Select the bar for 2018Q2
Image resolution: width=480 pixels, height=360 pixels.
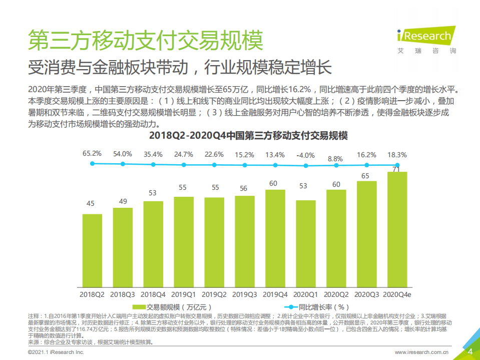pyautogui.click(x=92, y=250)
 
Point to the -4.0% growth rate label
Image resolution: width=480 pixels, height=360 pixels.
pyautogui.click(x=305, y=155)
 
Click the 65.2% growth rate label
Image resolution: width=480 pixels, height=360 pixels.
pyautogui.click(x=92, y=153)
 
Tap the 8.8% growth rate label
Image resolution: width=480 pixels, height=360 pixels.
pyautogui.click(x=336, y=158)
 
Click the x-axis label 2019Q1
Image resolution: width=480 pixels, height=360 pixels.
pyautogui.click(x=184, y=294)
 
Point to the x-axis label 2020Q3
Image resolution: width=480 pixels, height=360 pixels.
pyautogui.click(x=366, y=294)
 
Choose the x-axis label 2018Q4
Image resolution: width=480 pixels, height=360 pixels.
pyautogui.click(x=153, y=294)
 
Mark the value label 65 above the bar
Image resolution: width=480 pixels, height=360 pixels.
pyautogui.click(x=366, y=175)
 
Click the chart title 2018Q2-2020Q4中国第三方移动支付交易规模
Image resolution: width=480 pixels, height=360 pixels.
pyautogui.click(x=241, y=136)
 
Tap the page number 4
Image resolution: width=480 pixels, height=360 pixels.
pyautogui.click(x=470, y=351)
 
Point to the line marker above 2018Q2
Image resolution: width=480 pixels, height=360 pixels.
pyautogui.click(x=92, y=163)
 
